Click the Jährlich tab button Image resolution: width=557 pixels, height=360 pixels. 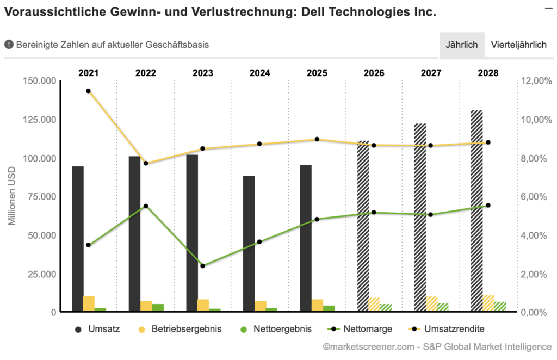point(462,45)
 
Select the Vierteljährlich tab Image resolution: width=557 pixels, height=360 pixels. point(518,45)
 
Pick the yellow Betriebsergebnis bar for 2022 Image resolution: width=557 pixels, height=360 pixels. point(146,306)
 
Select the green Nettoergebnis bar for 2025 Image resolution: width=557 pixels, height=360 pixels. point(329,308)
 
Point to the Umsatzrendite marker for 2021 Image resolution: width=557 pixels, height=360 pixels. point(88,91)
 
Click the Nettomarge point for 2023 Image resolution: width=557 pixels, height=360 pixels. point(202,266)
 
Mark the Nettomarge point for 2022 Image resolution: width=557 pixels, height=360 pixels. point(145,206)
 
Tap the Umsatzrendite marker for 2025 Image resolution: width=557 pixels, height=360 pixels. point(317,139)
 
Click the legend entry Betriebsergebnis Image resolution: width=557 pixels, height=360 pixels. point(180,329)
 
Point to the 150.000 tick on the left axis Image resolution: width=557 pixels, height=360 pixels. point(40,81)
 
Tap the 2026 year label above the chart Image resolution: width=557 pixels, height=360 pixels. point(374,73)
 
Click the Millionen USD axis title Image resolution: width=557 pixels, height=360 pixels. point(12,196)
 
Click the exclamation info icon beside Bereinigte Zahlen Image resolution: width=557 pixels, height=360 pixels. point(9,45)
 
